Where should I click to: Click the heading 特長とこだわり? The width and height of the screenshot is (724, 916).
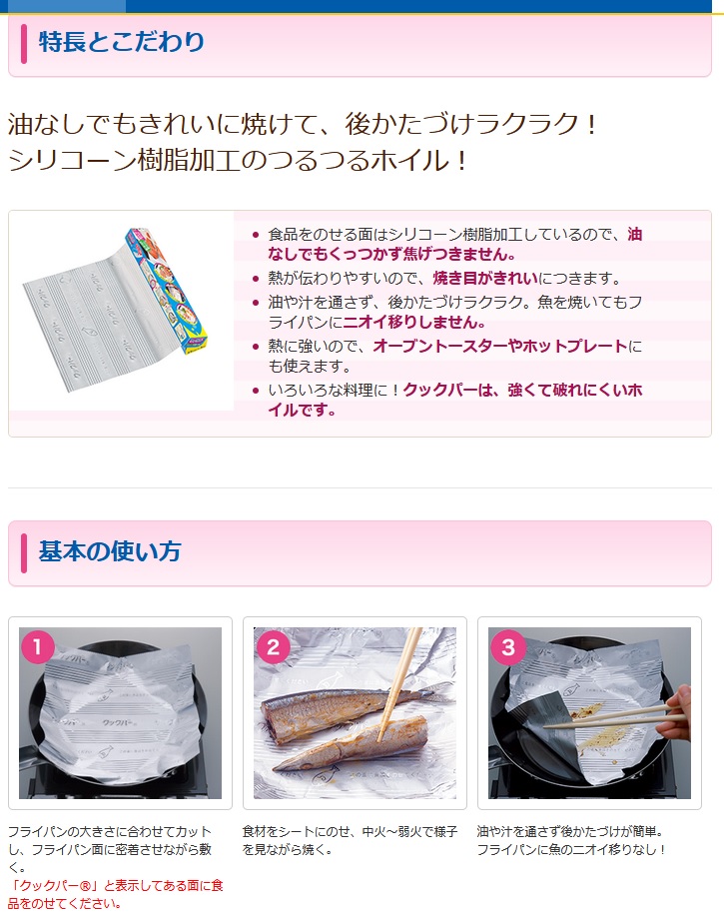pyautogui.click(x=122, y=42)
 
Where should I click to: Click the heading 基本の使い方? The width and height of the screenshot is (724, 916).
pyautogui.click(x=110, y=551)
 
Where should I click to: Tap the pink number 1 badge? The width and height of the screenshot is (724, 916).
pyautogui.click(x=38, y=646)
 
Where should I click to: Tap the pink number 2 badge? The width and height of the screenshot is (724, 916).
pyautogui.click(x=273, y=646)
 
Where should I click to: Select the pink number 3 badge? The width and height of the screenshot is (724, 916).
pyautogui.click(x=508, y=646)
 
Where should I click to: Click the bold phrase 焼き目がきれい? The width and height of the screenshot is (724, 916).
pyautogui.click(x=485, y=278)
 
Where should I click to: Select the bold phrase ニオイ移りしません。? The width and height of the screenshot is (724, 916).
pyautogui.click(x=414, y=322)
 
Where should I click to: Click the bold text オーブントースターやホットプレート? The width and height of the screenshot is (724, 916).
pyautogui.click(x=500, y=346)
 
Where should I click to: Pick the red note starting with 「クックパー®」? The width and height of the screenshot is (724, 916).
pyautogui.click(x=116, y=894)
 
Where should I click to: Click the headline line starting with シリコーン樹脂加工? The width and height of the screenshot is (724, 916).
pyautogui.click(x=238, y=160)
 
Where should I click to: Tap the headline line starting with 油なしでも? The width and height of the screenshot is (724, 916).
pyautogui.click(x=303, y=124)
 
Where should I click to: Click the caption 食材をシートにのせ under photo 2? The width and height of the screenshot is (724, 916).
pyautogui.click(x=350, y=840)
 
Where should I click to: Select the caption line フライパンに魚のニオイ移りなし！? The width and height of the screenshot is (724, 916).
pyautogui.click(x=571, y=849)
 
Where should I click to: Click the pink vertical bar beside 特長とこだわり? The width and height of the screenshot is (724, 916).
pyautogui.click(x=24, y=43)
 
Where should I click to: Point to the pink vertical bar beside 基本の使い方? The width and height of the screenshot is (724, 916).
pyautogui.click(x=24, y=552)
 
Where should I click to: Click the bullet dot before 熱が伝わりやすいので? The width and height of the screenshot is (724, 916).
pyautogui.click(x=256, y=279)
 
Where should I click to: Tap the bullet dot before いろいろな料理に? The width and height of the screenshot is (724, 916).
pyautogui.click(x=256, y=391)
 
